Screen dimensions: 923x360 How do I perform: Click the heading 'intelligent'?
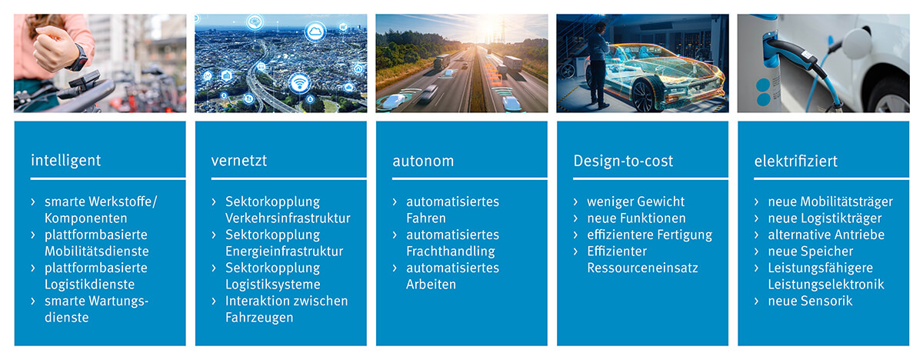tap(65, 161)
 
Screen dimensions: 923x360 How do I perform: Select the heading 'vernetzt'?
tap(239, 161)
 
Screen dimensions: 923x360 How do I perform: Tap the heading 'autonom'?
tap(423, 161)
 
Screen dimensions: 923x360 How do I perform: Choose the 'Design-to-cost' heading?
tap(623, 161)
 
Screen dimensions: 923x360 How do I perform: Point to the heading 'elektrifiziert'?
tap(795, 161)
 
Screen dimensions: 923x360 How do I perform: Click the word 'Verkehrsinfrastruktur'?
tap(288, 218)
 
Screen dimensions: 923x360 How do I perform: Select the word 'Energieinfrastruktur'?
tap(284, 252)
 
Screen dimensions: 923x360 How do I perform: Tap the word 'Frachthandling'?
tap(451, 252)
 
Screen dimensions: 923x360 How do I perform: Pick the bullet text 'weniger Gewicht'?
tap(635, 202)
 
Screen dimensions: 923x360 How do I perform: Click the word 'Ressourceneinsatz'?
tap(642, 268)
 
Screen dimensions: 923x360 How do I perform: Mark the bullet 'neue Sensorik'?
tap(810, 301)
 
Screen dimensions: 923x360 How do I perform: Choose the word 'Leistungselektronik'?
tap(826, 285)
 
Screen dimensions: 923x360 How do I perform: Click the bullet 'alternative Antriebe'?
tap(826, 235)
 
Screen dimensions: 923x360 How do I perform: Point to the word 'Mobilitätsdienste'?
tap(97, 252)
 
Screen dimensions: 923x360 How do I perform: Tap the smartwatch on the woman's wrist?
tap(78, 58)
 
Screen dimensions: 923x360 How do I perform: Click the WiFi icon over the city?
tap(299, 84)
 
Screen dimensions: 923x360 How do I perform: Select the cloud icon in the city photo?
tap(315, 32)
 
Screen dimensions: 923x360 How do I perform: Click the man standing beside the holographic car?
tap(598, 64)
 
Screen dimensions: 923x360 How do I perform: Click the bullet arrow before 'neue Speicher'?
tap(757, 252)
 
